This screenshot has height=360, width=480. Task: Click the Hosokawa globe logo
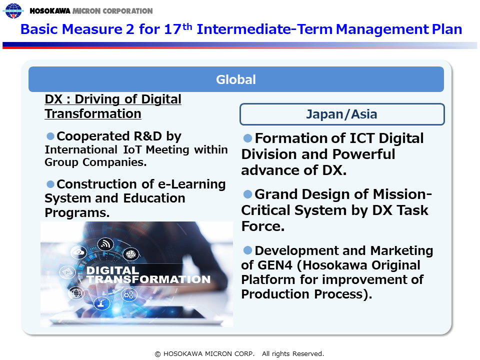pos(13,10)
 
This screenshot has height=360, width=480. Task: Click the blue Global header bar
pos(236,79)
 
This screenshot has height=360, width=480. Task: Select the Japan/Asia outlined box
pos(342,114)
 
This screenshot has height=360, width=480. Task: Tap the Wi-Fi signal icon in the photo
pos(105,244)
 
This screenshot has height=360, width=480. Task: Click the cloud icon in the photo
pos(79,252)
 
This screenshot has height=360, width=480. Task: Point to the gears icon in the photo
pos(129,295)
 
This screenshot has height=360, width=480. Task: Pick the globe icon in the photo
pos(76,293)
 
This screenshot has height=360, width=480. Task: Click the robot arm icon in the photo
pos(101,303)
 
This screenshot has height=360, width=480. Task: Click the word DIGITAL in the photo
pos(112,270)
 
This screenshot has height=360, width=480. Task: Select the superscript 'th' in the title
pos(187,26)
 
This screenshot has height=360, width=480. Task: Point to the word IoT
pos(132,149)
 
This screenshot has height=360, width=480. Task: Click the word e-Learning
pos(191,184)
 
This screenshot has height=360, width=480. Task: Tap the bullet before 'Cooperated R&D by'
pos(50,135)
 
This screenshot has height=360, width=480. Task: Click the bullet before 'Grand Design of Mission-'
pos(247,194)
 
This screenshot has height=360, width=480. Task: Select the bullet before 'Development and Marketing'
pos(247,250)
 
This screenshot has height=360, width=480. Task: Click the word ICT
pos(362,138)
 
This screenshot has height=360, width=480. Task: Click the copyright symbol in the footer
pos(157,354)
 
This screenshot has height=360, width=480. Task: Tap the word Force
pos(263,226)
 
